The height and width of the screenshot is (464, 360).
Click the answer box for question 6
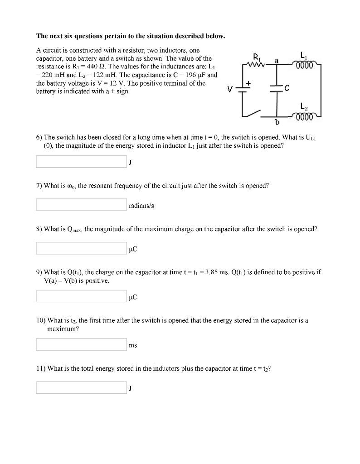(x=82, y=162)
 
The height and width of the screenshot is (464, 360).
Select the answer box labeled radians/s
(x=82, y=205)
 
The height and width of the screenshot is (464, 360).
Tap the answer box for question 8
(x=82, y=248)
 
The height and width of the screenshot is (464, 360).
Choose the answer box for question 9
(x=82, y=296)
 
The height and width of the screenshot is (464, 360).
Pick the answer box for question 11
(x=82, y=387)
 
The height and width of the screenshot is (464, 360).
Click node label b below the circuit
(x=277, y=122)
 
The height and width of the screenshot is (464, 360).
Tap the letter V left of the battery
(x=231, y=89)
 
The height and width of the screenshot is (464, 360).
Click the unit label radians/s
(x=141, y=205)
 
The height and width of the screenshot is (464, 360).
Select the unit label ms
(x=133, y=345)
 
